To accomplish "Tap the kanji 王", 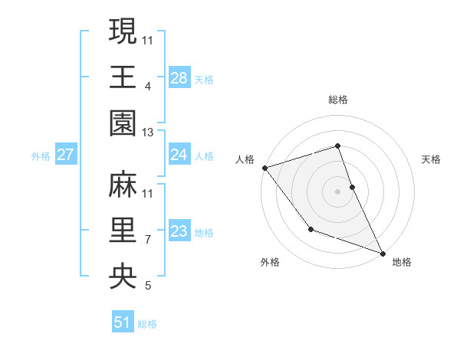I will [x=123, y=77].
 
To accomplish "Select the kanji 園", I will [x=123, y=123].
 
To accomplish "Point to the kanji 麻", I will [x=123, y=184].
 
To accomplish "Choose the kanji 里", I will [x=123, y=231].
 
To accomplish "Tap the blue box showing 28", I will [x=179, y=78].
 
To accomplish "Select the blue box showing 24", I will [x=179, y=155].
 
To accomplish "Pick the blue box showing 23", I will [x=179, y=232].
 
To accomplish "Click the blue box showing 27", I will [x=65, y=155].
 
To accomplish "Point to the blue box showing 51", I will [x=123, y=323].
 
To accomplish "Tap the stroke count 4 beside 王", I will [x=148, y=87].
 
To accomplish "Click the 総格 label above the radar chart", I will [x=338, y=100].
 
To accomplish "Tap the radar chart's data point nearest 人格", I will [x=264, y=167].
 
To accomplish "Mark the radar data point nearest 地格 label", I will [x=382, y=253].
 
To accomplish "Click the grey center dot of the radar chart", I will [x=338, y=191].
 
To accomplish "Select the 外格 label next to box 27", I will [x=41, y=156].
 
